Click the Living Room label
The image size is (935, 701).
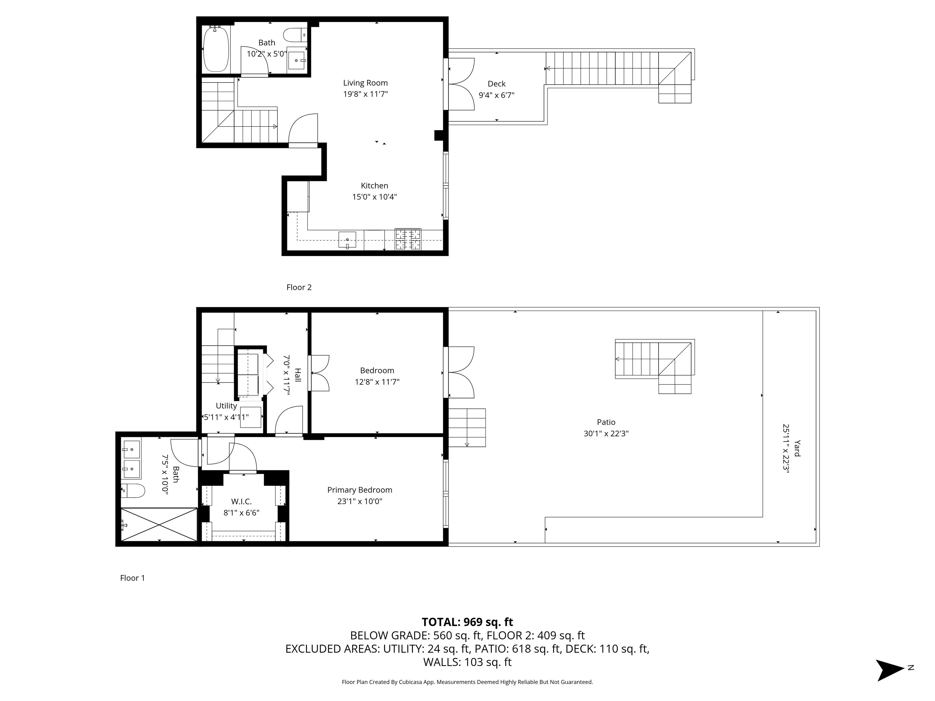point(365,83)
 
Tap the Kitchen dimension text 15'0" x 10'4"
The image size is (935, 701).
point(374,197)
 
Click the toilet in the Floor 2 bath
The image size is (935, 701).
point(295,35)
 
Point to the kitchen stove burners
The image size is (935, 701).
point(408,239)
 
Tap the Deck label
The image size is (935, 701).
point(497,84)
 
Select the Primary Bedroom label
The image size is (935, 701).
point(360,490)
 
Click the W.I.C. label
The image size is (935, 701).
point(241,501)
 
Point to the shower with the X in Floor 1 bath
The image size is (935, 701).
point(159,524)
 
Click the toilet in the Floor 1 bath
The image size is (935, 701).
point(133,490)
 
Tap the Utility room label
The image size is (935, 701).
point(226,406)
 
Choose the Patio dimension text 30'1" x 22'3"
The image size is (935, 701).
point(606,434)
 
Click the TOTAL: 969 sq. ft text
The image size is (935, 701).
point(467,622)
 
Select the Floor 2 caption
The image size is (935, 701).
point(299,287)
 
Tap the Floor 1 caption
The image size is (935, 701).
point(132,578)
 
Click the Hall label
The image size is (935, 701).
point(298,375)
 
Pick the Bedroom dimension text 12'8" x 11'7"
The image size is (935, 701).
point(377,382)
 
